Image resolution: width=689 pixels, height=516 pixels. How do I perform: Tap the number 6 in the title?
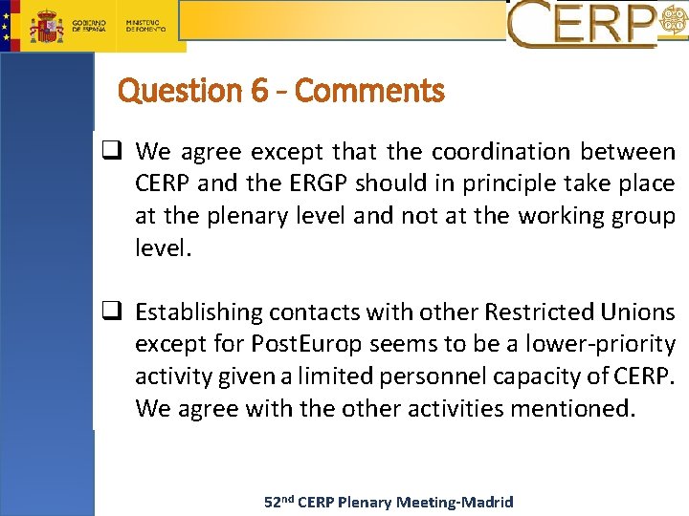[x=260, y=92]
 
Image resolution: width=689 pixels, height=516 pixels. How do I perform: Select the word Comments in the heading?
[x=370, y=92]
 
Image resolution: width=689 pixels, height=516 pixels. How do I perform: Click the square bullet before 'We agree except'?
[x=113, y=151]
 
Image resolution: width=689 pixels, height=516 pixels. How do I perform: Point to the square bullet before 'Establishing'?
[x=113, y=312]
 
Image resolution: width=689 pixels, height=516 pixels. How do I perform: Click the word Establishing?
[x=198, y=312]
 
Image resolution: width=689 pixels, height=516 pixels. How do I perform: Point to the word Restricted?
[x=539, y=312]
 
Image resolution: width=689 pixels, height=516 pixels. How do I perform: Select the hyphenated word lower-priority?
[x=599, y=345]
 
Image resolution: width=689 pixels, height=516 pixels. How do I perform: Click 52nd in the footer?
[x=278, y=502]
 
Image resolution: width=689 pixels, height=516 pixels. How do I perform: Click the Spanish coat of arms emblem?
[x=46, y=26]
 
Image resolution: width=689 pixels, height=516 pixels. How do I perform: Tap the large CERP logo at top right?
[x=584, y=24]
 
